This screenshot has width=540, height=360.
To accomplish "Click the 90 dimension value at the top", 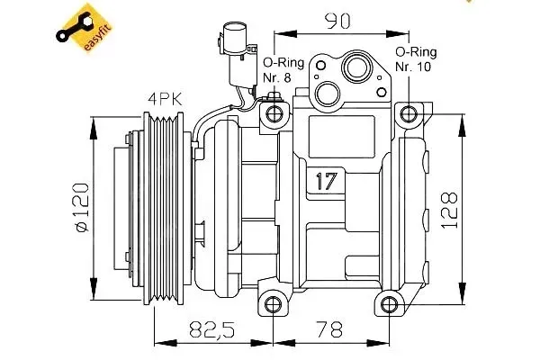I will (338, 19).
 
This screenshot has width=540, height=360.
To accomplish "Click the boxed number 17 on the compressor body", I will (327, 180).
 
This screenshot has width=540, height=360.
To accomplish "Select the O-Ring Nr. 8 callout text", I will (275, 69).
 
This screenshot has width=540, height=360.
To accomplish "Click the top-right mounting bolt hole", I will (409, 113).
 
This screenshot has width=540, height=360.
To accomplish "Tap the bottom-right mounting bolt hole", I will (389, 301).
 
